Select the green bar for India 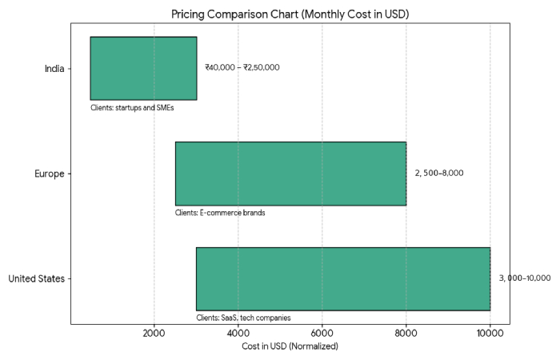tap(143, 68)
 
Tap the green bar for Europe tap(290, 174)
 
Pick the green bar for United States tap(343, 278)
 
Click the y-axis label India tap(54, 68)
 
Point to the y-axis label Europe tap(50, 174)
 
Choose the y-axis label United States tap(36, 279)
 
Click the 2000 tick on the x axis tap(154, 334)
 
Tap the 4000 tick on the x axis tap(238, 334)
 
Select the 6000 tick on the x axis tap(322, 334)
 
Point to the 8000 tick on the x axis tap(406, 334)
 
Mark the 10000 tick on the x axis tap(490, 334)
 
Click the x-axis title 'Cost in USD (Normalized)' tap(290, 346)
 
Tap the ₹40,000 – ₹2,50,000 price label tap(242, 68)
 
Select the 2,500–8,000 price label tap(438, 174)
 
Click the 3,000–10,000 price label tap(525, 278)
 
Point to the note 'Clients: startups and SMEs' tap(132, 107)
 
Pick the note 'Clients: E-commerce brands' tap(220, 213)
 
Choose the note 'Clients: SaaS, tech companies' tap(243, 318)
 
